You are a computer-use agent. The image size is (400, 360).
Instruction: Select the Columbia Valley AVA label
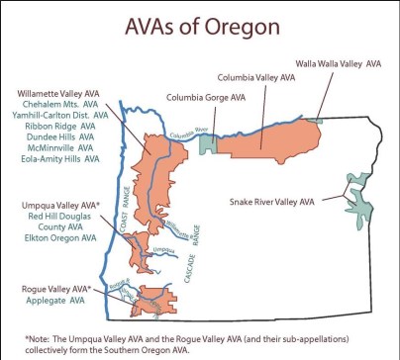(x=256, y=75)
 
